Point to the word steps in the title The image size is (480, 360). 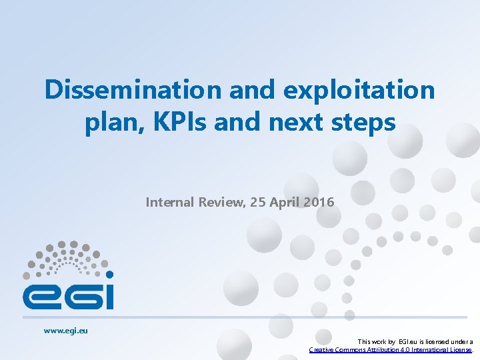click(363, 123)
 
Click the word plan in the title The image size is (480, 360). click(109, 123)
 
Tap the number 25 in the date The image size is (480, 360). click(258, 201)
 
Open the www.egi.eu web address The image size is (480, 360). click(66, 330)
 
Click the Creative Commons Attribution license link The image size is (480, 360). click(391, 349)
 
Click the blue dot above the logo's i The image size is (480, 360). click(109, 274)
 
